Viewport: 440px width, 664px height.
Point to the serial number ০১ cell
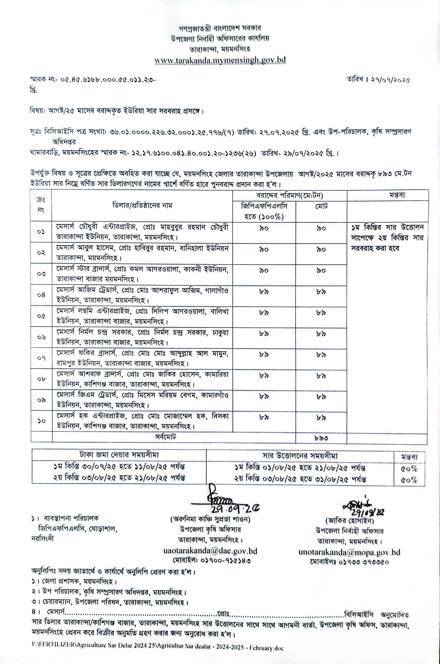(41, 232)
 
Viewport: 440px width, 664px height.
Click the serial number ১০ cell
(41, 421)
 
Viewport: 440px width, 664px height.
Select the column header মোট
(321, 207)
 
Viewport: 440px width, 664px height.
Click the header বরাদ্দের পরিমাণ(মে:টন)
(290, 195)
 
